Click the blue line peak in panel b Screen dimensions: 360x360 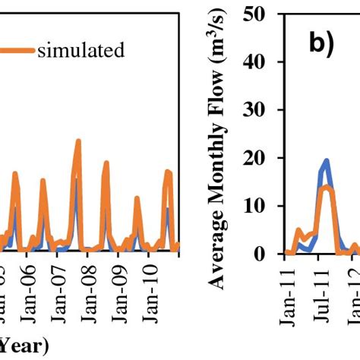point(326,160)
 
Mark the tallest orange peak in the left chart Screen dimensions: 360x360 point(78,142)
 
